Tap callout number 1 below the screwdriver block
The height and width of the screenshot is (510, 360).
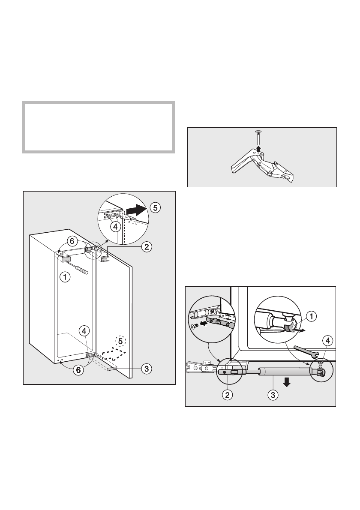pos(65,277)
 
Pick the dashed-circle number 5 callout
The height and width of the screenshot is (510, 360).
pos(121,341)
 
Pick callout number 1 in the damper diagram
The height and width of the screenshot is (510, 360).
pos(312,316)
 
